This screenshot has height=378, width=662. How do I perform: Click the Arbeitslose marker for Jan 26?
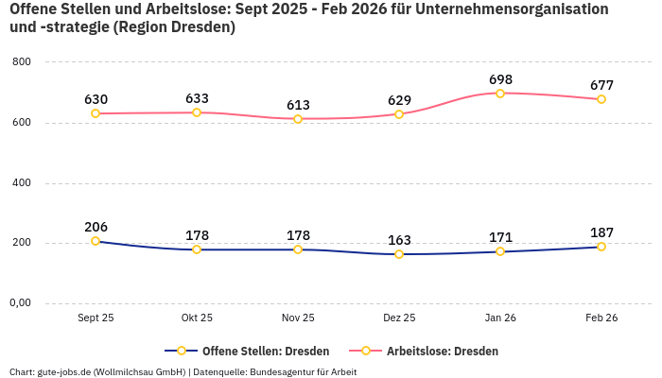coord(500,94)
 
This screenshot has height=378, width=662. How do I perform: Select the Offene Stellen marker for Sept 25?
coord(96,241)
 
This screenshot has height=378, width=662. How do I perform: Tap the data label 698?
coord(500,78)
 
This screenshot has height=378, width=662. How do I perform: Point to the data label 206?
coord(96,227)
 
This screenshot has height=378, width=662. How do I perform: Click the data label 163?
coord(399,240)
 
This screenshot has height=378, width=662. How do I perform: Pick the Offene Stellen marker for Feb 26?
coord(601,247)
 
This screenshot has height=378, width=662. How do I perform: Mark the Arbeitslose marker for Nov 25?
coord(298,119)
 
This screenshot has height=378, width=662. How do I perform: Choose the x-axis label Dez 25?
coord(399,318)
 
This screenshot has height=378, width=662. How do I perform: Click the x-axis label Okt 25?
coord(197,318)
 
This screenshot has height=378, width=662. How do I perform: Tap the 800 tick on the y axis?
coord(22,62)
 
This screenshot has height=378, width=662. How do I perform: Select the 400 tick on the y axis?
coord(22,183)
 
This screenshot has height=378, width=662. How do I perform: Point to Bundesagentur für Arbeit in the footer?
coord(303,371)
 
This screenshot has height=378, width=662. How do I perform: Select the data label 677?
coord(601,85)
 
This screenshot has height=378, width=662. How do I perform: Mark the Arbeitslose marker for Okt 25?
coord(197,112)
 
